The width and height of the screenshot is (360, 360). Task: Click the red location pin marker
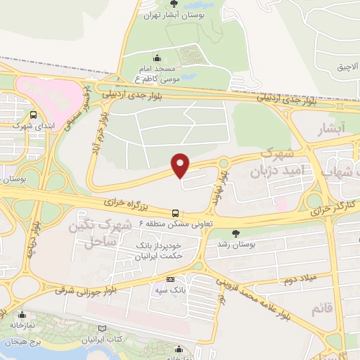click(x=181, y=165)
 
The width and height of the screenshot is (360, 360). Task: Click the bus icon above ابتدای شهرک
click(x=34, y=115)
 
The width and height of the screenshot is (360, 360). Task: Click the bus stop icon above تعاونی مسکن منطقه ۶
click(x=175, y=212)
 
